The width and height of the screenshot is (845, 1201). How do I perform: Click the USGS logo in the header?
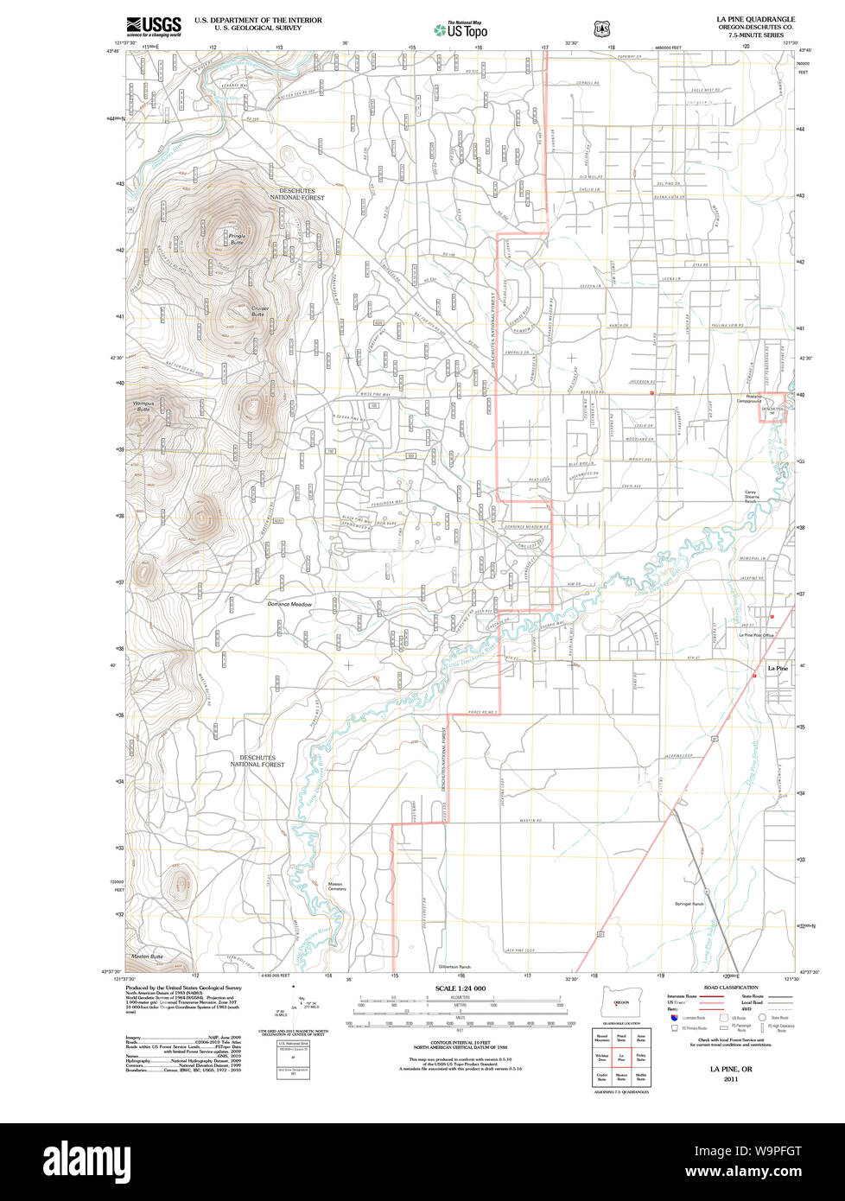[x=154, y=27]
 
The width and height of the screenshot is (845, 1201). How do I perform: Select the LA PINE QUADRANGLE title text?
[x=755, y=19]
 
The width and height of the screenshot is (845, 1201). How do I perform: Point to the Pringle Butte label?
[x=236, y=238]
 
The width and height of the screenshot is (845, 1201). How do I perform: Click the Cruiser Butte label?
[x=259, y=311]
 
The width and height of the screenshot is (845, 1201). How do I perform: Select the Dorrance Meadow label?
[x=289, y=604]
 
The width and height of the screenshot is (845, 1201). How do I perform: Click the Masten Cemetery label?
[x=337, y=886]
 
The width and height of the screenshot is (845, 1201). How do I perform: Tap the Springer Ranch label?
[x=689, y=905]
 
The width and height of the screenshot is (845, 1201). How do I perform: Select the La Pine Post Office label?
[x=755, y=635]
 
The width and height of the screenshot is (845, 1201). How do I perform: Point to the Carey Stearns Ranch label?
[x=751, y=498]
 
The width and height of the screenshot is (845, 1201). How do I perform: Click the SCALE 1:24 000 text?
[x=460, y=988]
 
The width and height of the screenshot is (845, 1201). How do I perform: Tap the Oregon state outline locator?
[x=618, y=1002]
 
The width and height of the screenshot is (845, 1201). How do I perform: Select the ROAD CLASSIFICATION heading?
[x=731, y=988]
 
